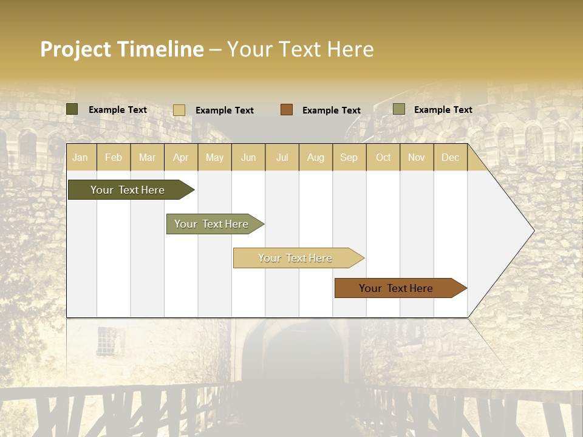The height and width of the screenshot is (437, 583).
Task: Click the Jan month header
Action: pos(80,158)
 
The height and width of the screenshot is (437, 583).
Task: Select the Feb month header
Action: pos(114,158)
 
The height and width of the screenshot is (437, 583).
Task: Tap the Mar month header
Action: pos(147,158)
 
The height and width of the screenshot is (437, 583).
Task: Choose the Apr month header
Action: pos(181,158)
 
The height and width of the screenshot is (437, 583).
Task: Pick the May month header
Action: pos(214,158)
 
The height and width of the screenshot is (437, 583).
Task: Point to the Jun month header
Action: pos(248,158)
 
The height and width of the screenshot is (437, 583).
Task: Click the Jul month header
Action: pos(282,158)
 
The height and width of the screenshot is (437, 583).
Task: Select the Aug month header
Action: pos(316,158)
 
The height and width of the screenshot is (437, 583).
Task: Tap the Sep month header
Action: pos(349,158)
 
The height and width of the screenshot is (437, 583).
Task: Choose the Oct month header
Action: pos(383,158)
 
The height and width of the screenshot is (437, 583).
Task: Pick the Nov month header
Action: pos(417,158)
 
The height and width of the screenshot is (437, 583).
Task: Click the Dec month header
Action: pos(451,158)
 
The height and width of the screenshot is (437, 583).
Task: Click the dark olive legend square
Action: pos(72,109)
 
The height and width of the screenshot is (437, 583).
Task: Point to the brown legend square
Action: pos(287,110)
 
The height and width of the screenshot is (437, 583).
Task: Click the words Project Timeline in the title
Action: pos(122,49)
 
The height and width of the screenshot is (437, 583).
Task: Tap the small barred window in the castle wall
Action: pos(108,340)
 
